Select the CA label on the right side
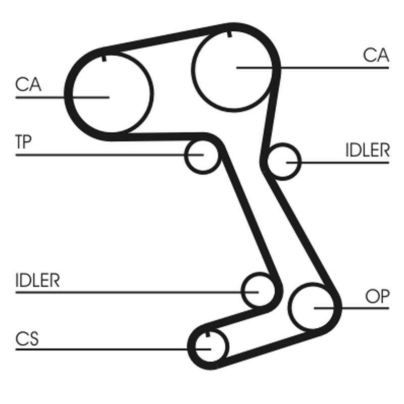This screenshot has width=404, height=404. coord(376,55)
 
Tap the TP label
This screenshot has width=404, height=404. coord(23,142)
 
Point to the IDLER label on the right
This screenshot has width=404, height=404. coord(367,150)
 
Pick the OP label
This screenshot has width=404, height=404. coord(377,297)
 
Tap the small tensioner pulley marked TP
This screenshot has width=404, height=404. coord(201,156)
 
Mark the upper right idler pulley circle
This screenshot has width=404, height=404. coord(283,162)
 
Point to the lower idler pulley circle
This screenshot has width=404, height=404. coord(258,290)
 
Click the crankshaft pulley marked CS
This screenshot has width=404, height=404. coord(209,347)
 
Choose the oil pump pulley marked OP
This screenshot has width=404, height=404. coord(313,307)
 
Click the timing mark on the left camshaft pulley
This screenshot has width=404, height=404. coord(105,57)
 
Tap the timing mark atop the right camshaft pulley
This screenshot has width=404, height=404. coord(230,34)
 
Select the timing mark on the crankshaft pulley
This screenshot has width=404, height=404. coord(208,334)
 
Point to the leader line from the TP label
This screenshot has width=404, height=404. coord(101,154)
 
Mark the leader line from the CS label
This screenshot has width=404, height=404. coord(101,348)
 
